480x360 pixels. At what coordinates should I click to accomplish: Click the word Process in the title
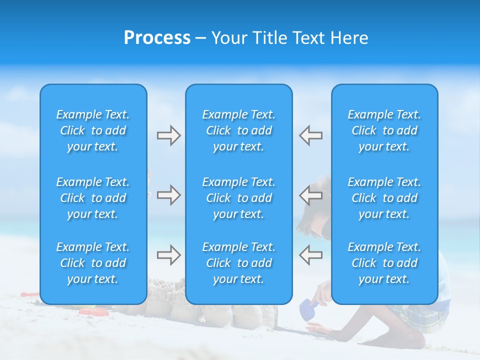pos(157,38)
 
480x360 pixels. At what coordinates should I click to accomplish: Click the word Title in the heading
pos(268,38)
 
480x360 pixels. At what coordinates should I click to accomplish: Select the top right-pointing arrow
pos(168,135)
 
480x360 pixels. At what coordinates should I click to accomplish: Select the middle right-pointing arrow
pos(168,195)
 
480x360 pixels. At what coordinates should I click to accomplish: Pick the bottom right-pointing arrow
pos(168,255)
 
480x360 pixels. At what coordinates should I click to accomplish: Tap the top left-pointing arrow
pos(311,135)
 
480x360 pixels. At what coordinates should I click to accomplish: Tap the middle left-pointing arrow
pos(311,195)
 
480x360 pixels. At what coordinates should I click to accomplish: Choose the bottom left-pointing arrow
pos(311,255)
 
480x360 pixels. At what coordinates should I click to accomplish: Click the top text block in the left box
pos(93,130)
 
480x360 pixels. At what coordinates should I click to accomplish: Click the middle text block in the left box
pos(93,198)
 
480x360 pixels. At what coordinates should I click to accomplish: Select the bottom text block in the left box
pos(93,263)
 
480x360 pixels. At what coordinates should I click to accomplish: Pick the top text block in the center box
pos(238,130)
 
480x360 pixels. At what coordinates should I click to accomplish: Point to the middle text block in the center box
pos(238,198)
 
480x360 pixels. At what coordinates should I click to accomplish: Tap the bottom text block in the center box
pos(238,263)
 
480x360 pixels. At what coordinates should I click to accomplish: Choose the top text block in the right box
pos(384,130)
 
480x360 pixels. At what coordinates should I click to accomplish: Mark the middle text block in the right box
pos(384,198)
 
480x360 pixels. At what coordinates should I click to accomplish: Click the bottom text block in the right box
pos(384,263)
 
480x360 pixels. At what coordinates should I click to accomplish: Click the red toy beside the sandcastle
pos(92,312)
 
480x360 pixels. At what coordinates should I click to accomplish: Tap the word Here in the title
pos(350,38)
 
